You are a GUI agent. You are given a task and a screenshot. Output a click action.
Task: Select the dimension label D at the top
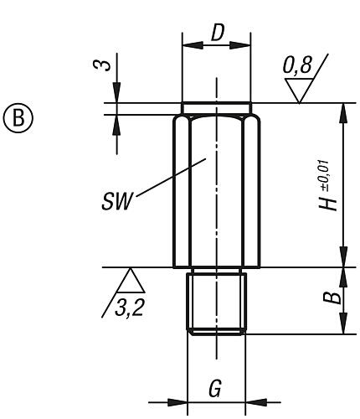coord(217,33)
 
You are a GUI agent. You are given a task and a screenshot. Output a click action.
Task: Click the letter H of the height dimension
coord(334,202)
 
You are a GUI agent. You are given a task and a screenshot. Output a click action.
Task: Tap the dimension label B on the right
coord(334,297)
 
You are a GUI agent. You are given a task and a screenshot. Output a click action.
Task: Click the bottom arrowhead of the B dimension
coord(342,326)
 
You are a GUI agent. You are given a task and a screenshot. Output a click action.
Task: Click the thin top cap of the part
coord(216,107)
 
